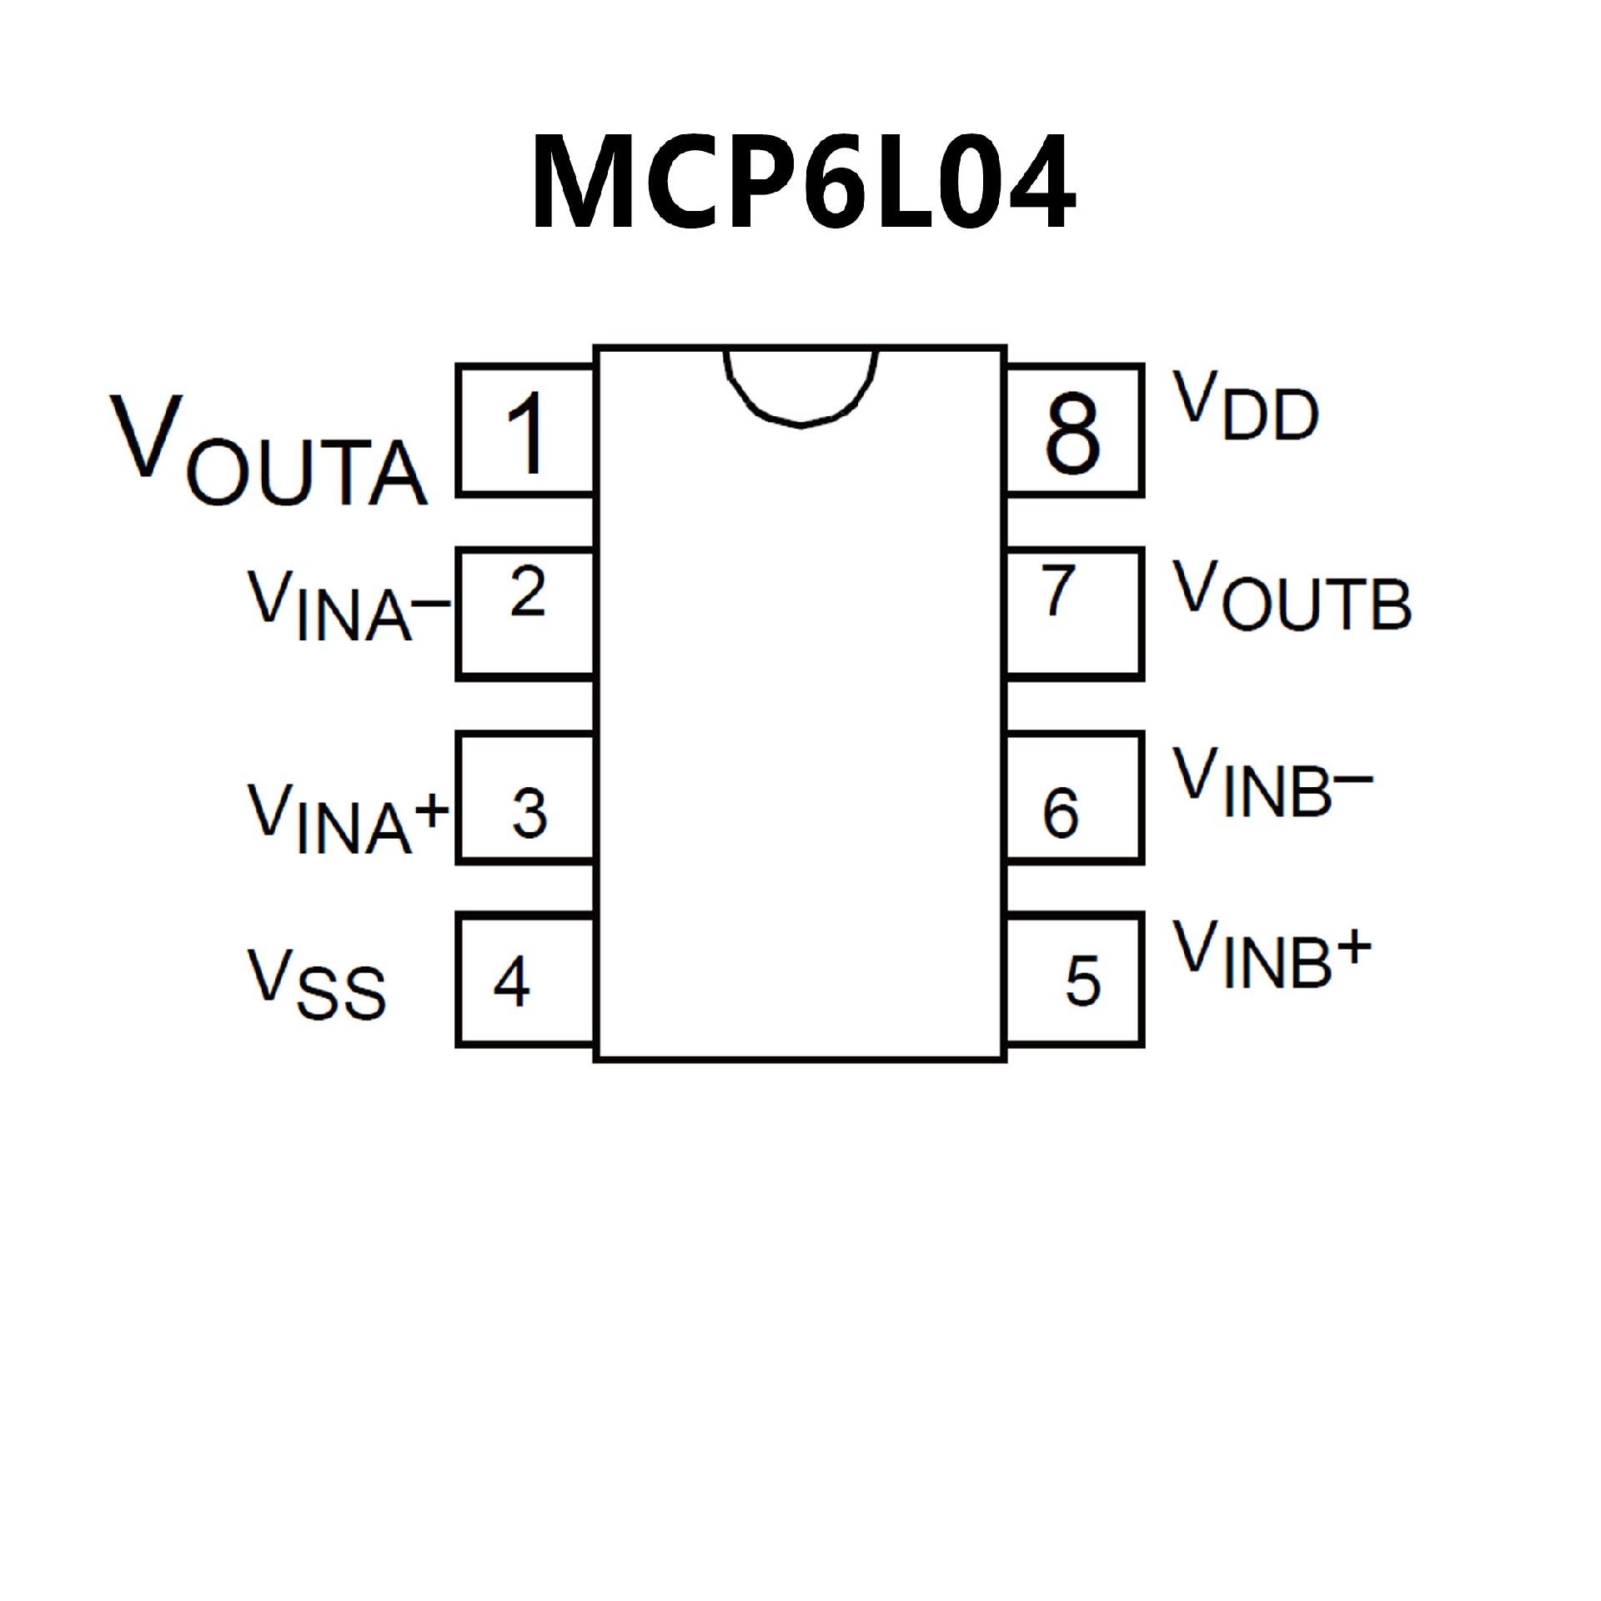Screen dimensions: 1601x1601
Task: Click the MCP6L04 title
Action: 802,182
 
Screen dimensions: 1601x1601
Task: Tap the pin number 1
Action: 527,433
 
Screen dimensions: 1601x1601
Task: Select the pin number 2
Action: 528,591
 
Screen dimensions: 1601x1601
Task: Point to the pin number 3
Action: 529,812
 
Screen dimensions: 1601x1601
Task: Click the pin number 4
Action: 511,981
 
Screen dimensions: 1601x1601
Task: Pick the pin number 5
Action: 1083,981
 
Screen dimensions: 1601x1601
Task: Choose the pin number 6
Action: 1061,812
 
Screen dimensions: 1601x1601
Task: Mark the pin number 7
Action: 1058,590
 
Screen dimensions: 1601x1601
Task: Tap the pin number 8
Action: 1072,433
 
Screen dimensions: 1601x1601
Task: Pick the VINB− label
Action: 1272,782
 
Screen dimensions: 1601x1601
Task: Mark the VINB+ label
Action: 1272,956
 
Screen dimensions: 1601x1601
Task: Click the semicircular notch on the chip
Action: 800,384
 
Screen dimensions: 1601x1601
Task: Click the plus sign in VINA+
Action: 431,809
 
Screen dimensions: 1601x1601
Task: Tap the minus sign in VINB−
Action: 1353,779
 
